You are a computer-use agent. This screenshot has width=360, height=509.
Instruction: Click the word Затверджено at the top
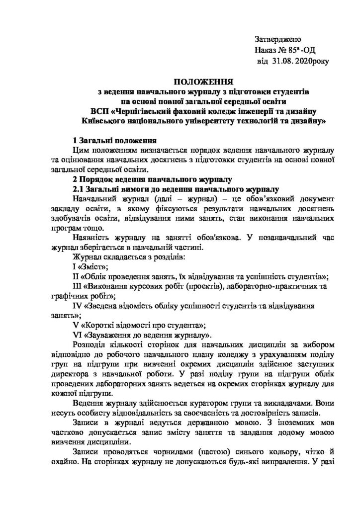[278, 39]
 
